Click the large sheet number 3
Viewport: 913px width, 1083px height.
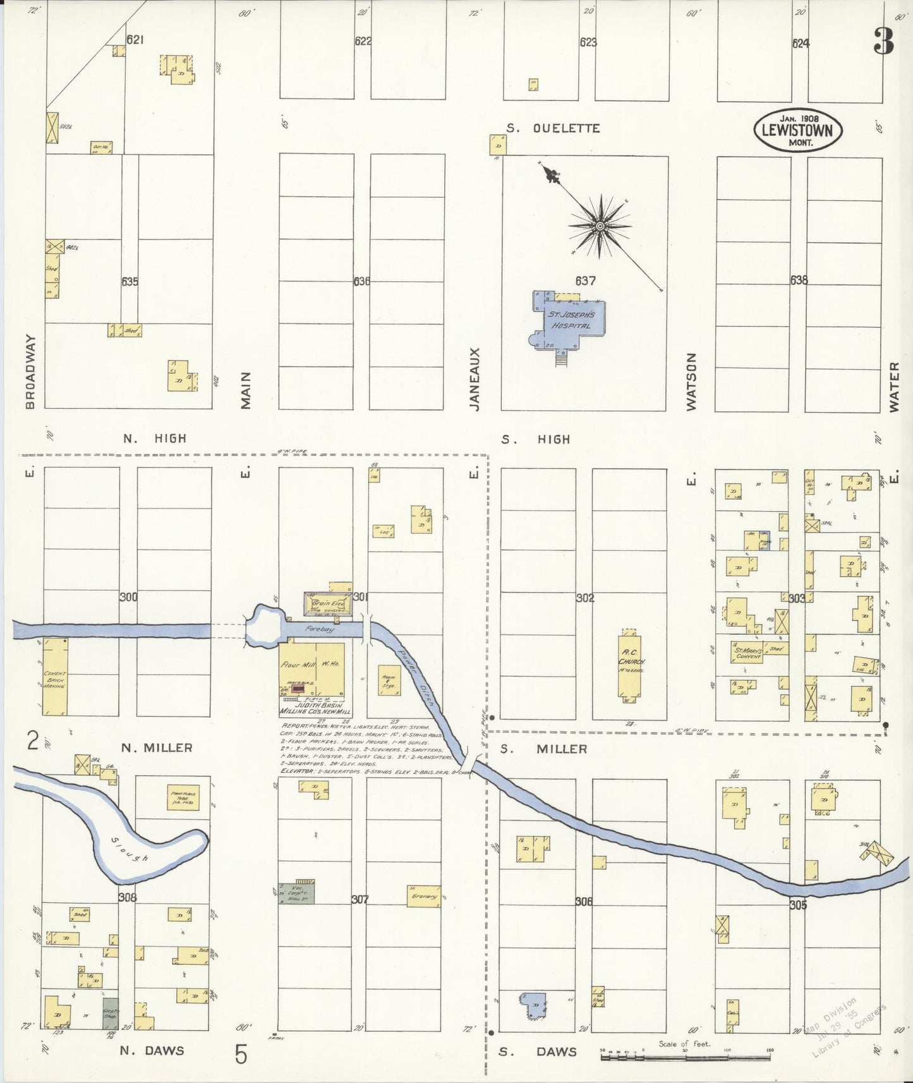tap(884, 43)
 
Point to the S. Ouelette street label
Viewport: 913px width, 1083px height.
tap(553, 128)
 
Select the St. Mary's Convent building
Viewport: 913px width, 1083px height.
tap(747, 652)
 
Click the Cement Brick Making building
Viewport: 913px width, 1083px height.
tap(55, 677)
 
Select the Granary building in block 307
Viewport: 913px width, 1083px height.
tap(424, 897)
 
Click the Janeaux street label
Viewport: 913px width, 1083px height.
tap(475, 379)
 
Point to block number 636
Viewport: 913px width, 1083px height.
tap(361, 281)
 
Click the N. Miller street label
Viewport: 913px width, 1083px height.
tap(157, 748)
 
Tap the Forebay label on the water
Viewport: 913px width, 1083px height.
tap(318, 630)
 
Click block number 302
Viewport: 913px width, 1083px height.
tap(585, 597)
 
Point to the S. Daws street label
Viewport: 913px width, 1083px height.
tap(537, 1051)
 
